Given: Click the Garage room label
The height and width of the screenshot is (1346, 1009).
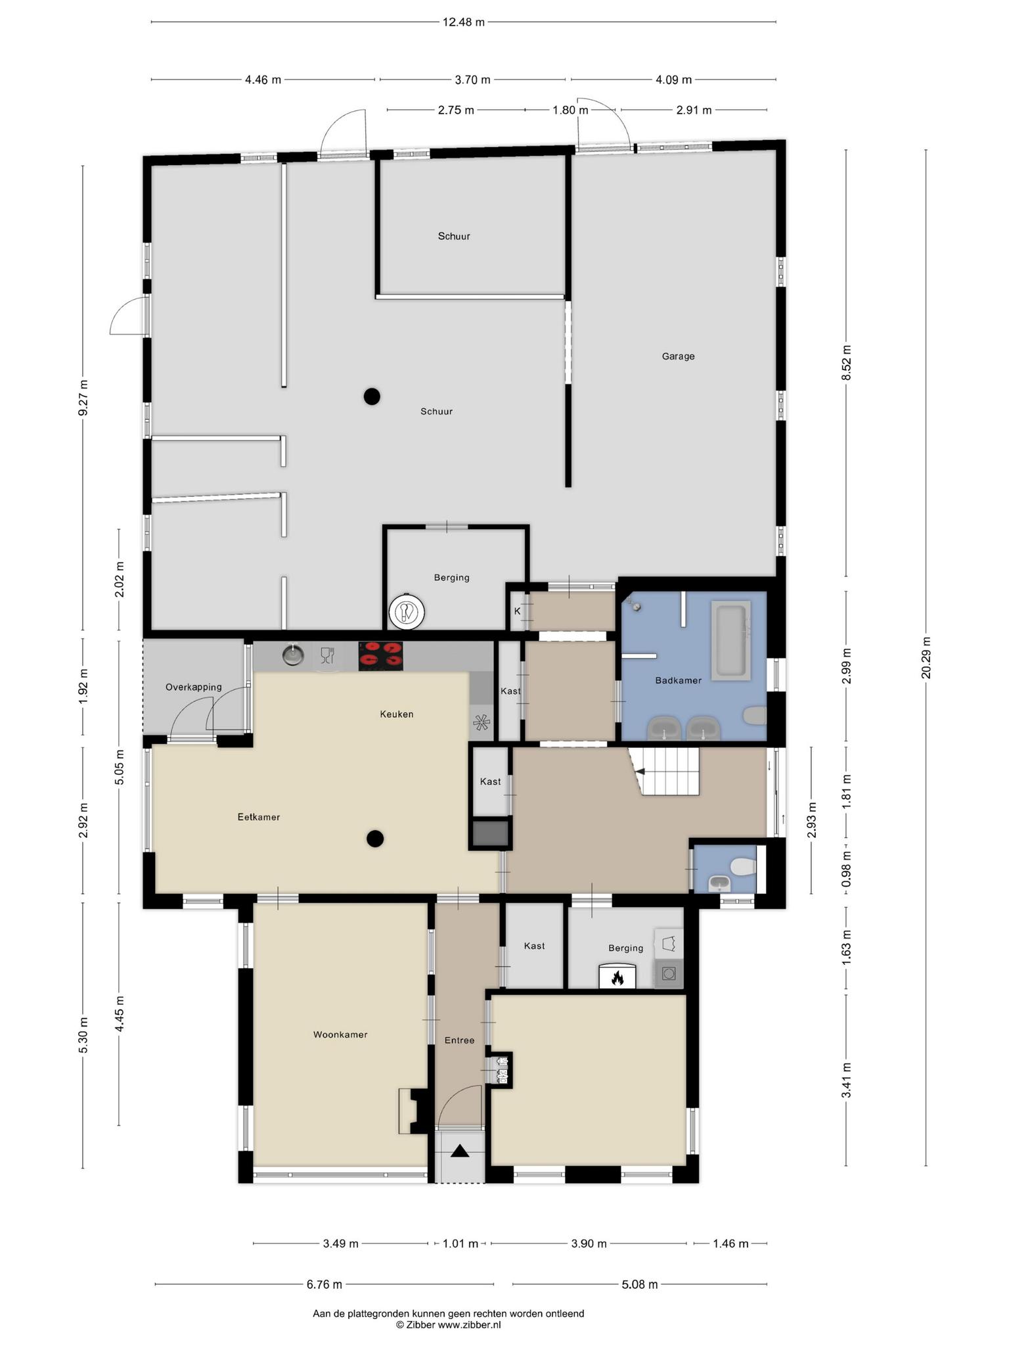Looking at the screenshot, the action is tap(678, 356).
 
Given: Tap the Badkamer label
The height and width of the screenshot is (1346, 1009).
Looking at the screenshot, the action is tap(678, 680).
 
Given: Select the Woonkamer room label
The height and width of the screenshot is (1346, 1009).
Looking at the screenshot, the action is tap(340, 1034).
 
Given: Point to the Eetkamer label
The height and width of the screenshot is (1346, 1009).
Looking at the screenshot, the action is tap(259, 817).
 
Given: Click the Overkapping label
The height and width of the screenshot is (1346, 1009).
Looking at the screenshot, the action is tap(193, 687).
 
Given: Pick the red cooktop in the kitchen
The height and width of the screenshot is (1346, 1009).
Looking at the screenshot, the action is tap(381, 656).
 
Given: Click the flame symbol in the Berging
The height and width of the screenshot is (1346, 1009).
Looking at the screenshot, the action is tap(617, 979).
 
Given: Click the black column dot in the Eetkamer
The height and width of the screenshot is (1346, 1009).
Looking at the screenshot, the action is tap(375, 838).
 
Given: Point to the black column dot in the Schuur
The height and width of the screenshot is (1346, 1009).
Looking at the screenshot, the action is tap(372, 396).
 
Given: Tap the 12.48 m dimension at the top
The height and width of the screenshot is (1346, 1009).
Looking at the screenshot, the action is tap(464, 22).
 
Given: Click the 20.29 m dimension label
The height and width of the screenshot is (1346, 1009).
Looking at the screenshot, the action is tap(926, 657).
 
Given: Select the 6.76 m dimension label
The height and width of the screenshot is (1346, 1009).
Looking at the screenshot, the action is tap(325, 1284).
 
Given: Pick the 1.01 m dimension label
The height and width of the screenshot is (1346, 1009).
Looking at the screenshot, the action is tap(460, 1243).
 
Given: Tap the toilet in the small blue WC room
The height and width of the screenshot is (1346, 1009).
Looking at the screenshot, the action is tap(743, 867).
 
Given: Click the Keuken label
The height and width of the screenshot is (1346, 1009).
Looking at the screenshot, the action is tap(397, 714).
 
